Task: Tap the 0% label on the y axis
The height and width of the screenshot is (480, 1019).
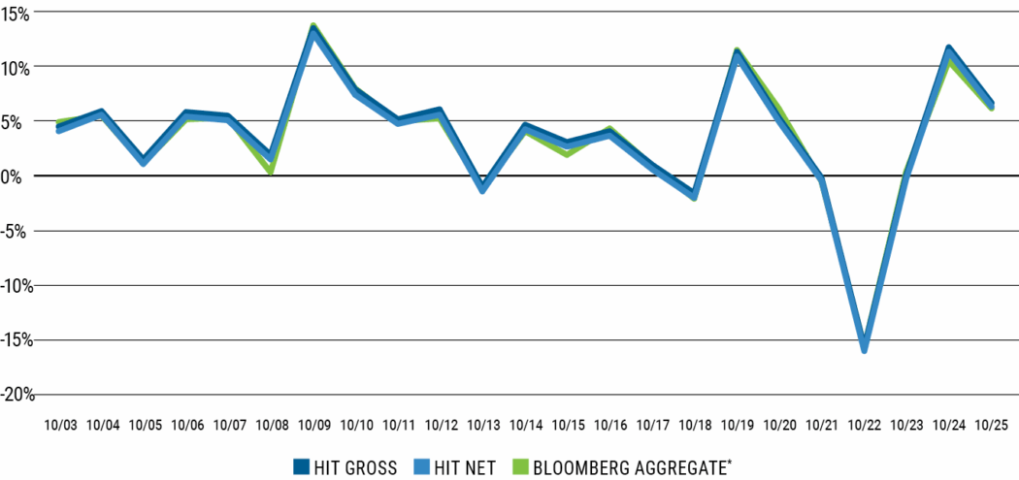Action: point(21,176)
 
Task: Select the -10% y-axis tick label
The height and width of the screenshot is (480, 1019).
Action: point(18,285)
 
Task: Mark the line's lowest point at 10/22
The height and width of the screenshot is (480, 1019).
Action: point(864,349)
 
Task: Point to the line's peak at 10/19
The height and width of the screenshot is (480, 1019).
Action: point(738,53)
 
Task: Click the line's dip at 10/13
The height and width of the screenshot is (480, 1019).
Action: point(483,189)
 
